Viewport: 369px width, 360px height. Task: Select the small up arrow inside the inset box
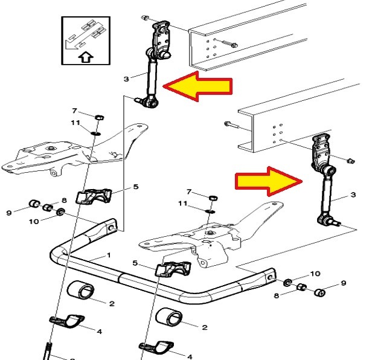[x=86, y=58]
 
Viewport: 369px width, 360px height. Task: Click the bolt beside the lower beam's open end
[x=230, y=124]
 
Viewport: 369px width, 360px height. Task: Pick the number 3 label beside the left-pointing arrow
[x=127, y=79]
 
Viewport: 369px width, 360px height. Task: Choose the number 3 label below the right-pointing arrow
[x=353, y=194]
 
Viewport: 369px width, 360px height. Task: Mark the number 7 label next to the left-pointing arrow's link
[x=74, y=111]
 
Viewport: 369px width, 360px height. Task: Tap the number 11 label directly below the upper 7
[x=75, y=123]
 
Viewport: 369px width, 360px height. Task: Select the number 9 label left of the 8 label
[x=8, y=212]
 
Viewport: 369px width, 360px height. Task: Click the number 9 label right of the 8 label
[x=344, y=283]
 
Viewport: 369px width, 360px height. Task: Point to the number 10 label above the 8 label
[x=315, y=274]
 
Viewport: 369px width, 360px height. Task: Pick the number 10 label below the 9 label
[x=33, y=222]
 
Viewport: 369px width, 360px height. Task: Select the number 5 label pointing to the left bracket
[x=135, y=187]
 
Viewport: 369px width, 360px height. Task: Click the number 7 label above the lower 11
[x=189, y=191]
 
